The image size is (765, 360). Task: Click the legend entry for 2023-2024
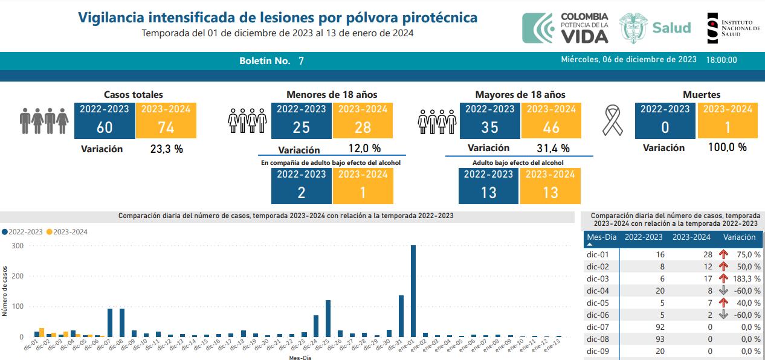point(68,231)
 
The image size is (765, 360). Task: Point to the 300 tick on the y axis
point(17,246)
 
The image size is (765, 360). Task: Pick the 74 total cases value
point(166,127)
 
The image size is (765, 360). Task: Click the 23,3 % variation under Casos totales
point(166,149)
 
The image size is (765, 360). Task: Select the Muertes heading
point(702,95)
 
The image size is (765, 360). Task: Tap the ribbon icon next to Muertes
point(613,120)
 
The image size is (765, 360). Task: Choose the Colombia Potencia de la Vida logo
point(566,28)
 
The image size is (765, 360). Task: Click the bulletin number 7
point(301,61)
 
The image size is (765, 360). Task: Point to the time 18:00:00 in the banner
point(721,60)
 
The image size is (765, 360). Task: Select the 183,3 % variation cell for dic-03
point(749,278)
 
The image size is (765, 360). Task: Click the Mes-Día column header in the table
point(601,237)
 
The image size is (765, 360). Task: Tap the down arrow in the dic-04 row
point(723,291)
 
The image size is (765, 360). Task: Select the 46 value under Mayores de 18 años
point(551,127)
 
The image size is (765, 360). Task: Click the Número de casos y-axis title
point(5,291)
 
